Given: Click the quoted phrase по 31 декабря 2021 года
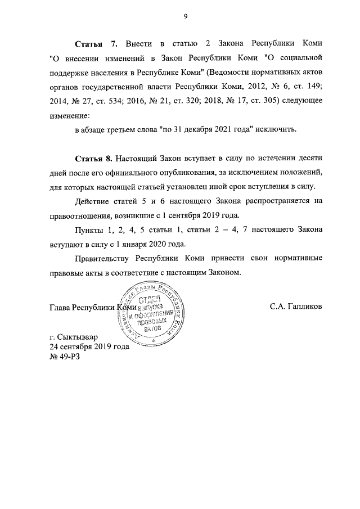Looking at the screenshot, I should click(204, 129).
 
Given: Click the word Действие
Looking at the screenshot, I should click(95, 201).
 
